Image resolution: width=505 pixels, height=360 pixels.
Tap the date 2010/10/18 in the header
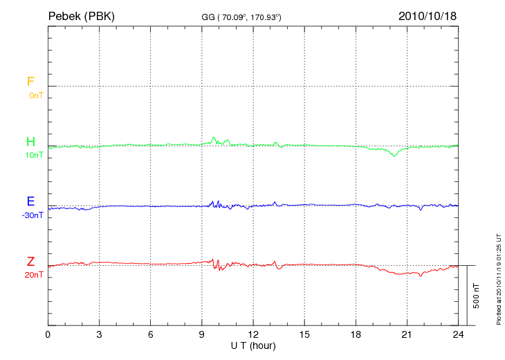tap(427, 15)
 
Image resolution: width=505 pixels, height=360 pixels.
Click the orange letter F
tap(30, 82)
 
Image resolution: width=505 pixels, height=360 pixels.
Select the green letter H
tap(30, 142)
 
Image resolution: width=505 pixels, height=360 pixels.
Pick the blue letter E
tap(30, 202)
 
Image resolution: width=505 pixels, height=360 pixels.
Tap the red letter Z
tap(30, 262)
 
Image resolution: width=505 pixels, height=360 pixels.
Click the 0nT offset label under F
tap(35, 96)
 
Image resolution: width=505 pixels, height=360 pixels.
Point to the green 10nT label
tap(34, 155)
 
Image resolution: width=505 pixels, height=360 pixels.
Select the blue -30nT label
tap(33, 215)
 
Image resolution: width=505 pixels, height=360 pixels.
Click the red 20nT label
tap(34, 275)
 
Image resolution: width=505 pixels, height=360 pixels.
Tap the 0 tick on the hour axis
tap(48, 334)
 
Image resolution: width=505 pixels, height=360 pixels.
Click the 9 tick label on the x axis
tap(202, 334)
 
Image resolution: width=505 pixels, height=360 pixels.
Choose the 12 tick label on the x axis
tap(253, 334)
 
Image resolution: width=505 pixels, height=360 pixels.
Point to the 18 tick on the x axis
tap(356, 334)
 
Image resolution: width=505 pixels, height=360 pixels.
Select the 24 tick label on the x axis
tap(458, 334)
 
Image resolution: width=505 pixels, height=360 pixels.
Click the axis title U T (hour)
tap(253, 345)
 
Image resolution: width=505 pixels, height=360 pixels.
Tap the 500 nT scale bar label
tap(477, 296)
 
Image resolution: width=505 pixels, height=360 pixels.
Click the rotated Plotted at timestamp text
tap(498, 278)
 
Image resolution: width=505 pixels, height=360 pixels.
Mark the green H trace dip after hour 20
tap(394, 156)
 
